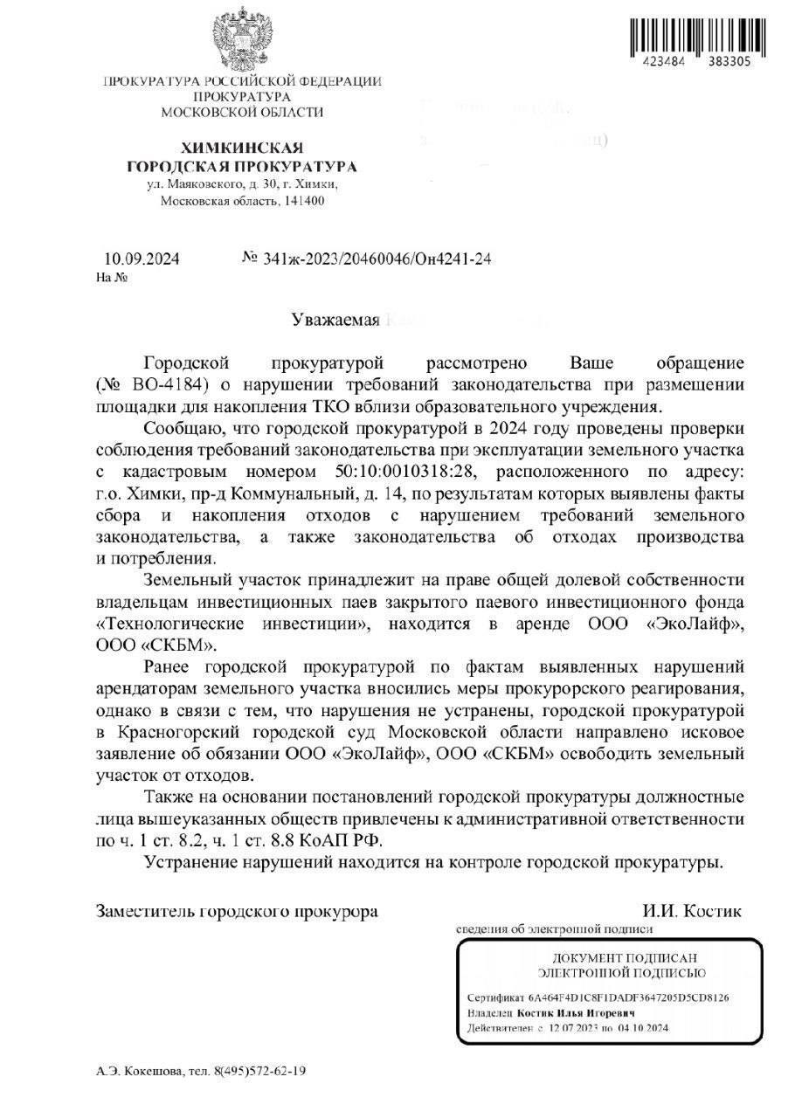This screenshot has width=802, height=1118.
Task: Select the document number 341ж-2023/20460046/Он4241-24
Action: [x=372, y=259]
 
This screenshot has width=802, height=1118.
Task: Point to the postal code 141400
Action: [x=301, y=201]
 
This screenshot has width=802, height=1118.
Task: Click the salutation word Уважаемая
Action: [x=335, y=321]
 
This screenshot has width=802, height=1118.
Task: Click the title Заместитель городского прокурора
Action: [x=237, y=911]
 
